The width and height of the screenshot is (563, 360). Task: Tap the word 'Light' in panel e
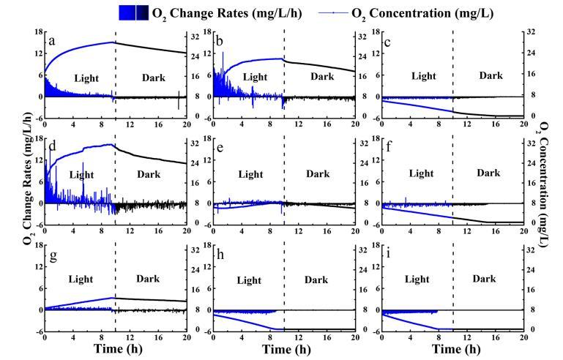click(x=251, y=174)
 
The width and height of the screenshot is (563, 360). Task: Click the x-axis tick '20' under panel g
click(x=186, y=339)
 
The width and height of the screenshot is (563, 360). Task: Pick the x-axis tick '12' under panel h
click(x=298, y=339)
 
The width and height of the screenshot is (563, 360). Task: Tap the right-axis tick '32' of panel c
click(x=531, y=34)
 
